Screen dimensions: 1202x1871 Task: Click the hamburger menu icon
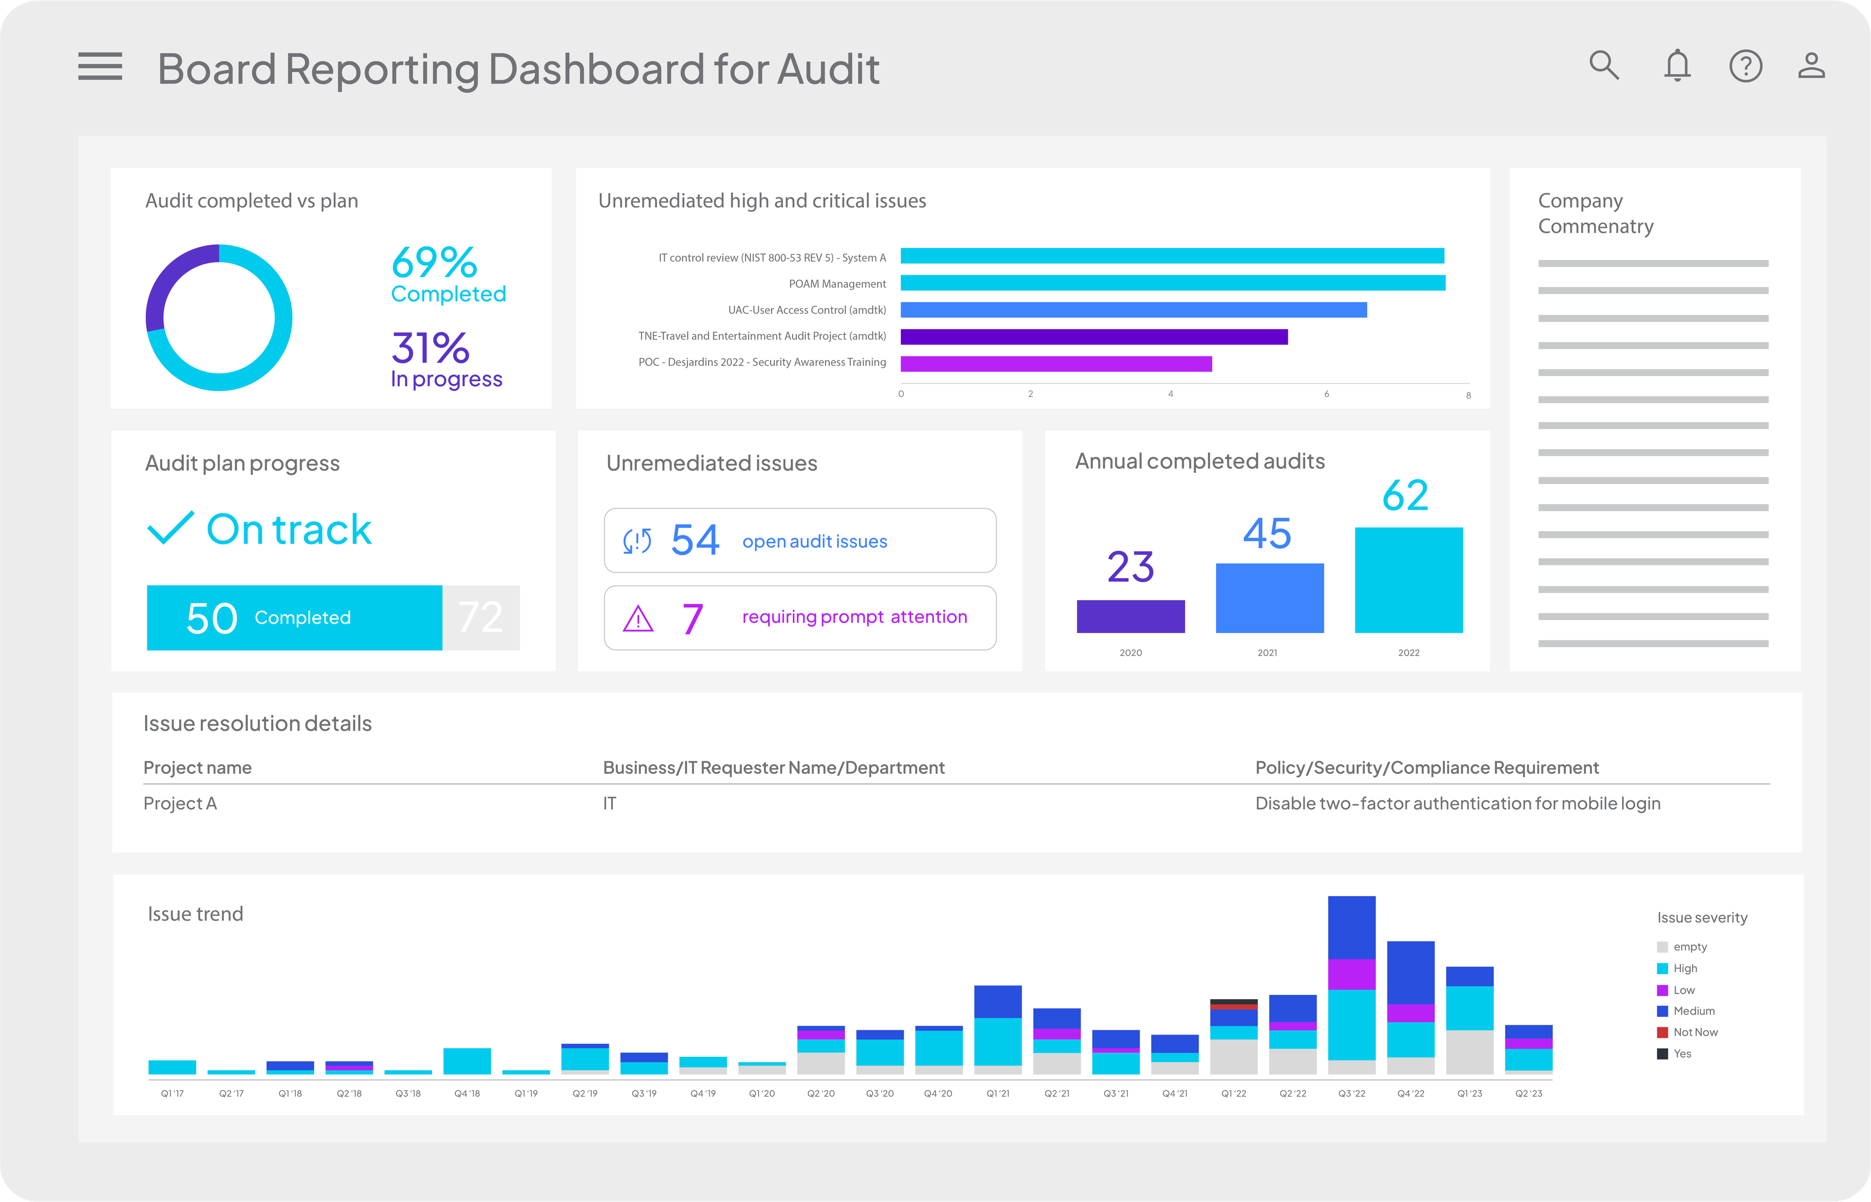coord(100,66)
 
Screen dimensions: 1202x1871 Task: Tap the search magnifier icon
coord(1604,66)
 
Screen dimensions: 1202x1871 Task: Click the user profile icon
coord(1811,66)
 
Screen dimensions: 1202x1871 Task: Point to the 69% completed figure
coord(434,263)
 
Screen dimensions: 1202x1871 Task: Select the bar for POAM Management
coord(1172,282)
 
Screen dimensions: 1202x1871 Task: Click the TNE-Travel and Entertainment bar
coord(1093,337)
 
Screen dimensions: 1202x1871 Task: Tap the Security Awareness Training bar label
coord(762,362)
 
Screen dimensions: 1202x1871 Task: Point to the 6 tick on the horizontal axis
coord(1326,394)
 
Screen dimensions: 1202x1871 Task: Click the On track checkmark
coord(170,528)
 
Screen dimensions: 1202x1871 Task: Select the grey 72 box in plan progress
coord(480,618)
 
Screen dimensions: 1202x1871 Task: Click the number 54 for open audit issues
coord(694,540)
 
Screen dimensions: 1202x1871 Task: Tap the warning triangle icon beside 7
coord(638,619)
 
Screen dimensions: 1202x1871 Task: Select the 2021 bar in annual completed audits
coord(1269,598)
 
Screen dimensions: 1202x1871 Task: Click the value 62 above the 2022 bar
coord(1404,496)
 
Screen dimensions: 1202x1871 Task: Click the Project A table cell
coord(180,803)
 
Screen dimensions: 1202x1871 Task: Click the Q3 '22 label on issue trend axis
coord(1351,1093)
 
